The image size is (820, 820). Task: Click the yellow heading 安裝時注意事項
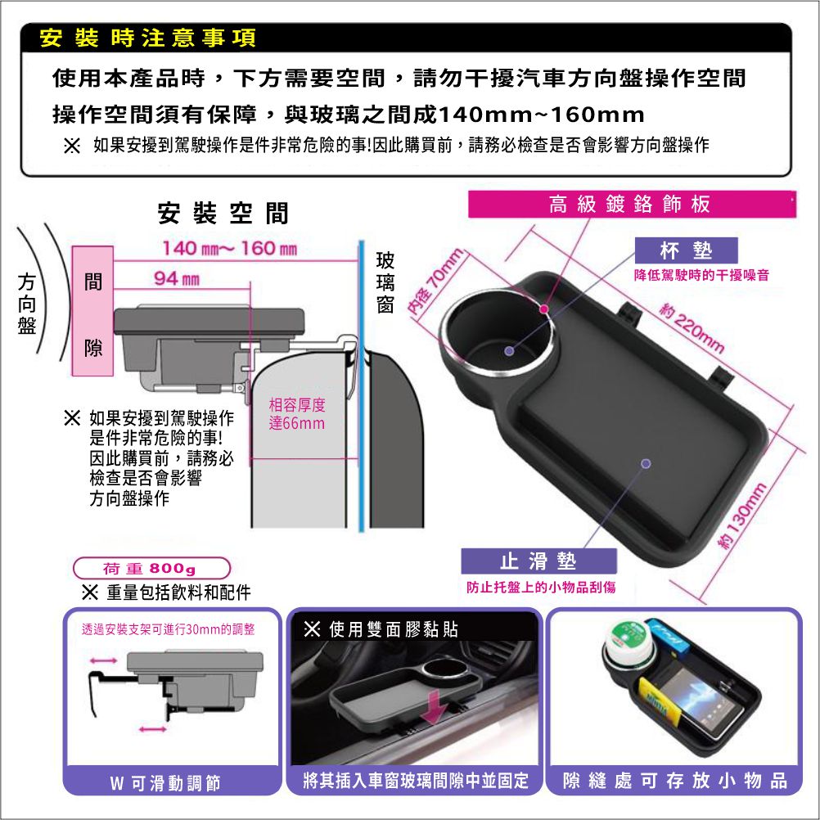coord(148,38)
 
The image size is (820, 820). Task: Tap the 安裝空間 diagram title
coord(223,213)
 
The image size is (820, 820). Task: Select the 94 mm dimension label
coord(177,279)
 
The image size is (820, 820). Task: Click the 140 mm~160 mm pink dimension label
coord(230,248)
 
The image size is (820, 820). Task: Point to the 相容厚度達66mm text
coord(297,413)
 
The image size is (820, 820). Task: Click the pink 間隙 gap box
coord(92,311)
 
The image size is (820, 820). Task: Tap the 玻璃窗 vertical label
coord(385,282)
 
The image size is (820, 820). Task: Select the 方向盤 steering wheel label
coord(27,304)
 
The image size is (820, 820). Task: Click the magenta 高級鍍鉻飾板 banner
coord(632,204)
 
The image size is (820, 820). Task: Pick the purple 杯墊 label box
coord(686,250)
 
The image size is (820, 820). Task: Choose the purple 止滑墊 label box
coord(538,561)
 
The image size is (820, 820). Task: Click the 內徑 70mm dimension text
coord(435,282)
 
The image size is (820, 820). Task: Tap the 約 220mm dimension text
coord(692,330)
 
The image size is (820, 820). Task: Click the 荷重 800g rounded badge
coord(151,568)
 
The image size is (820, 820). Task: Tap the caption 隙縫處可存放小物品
coord(674,781)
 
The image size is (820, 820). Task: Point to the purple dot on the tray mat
coord(646,463)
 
